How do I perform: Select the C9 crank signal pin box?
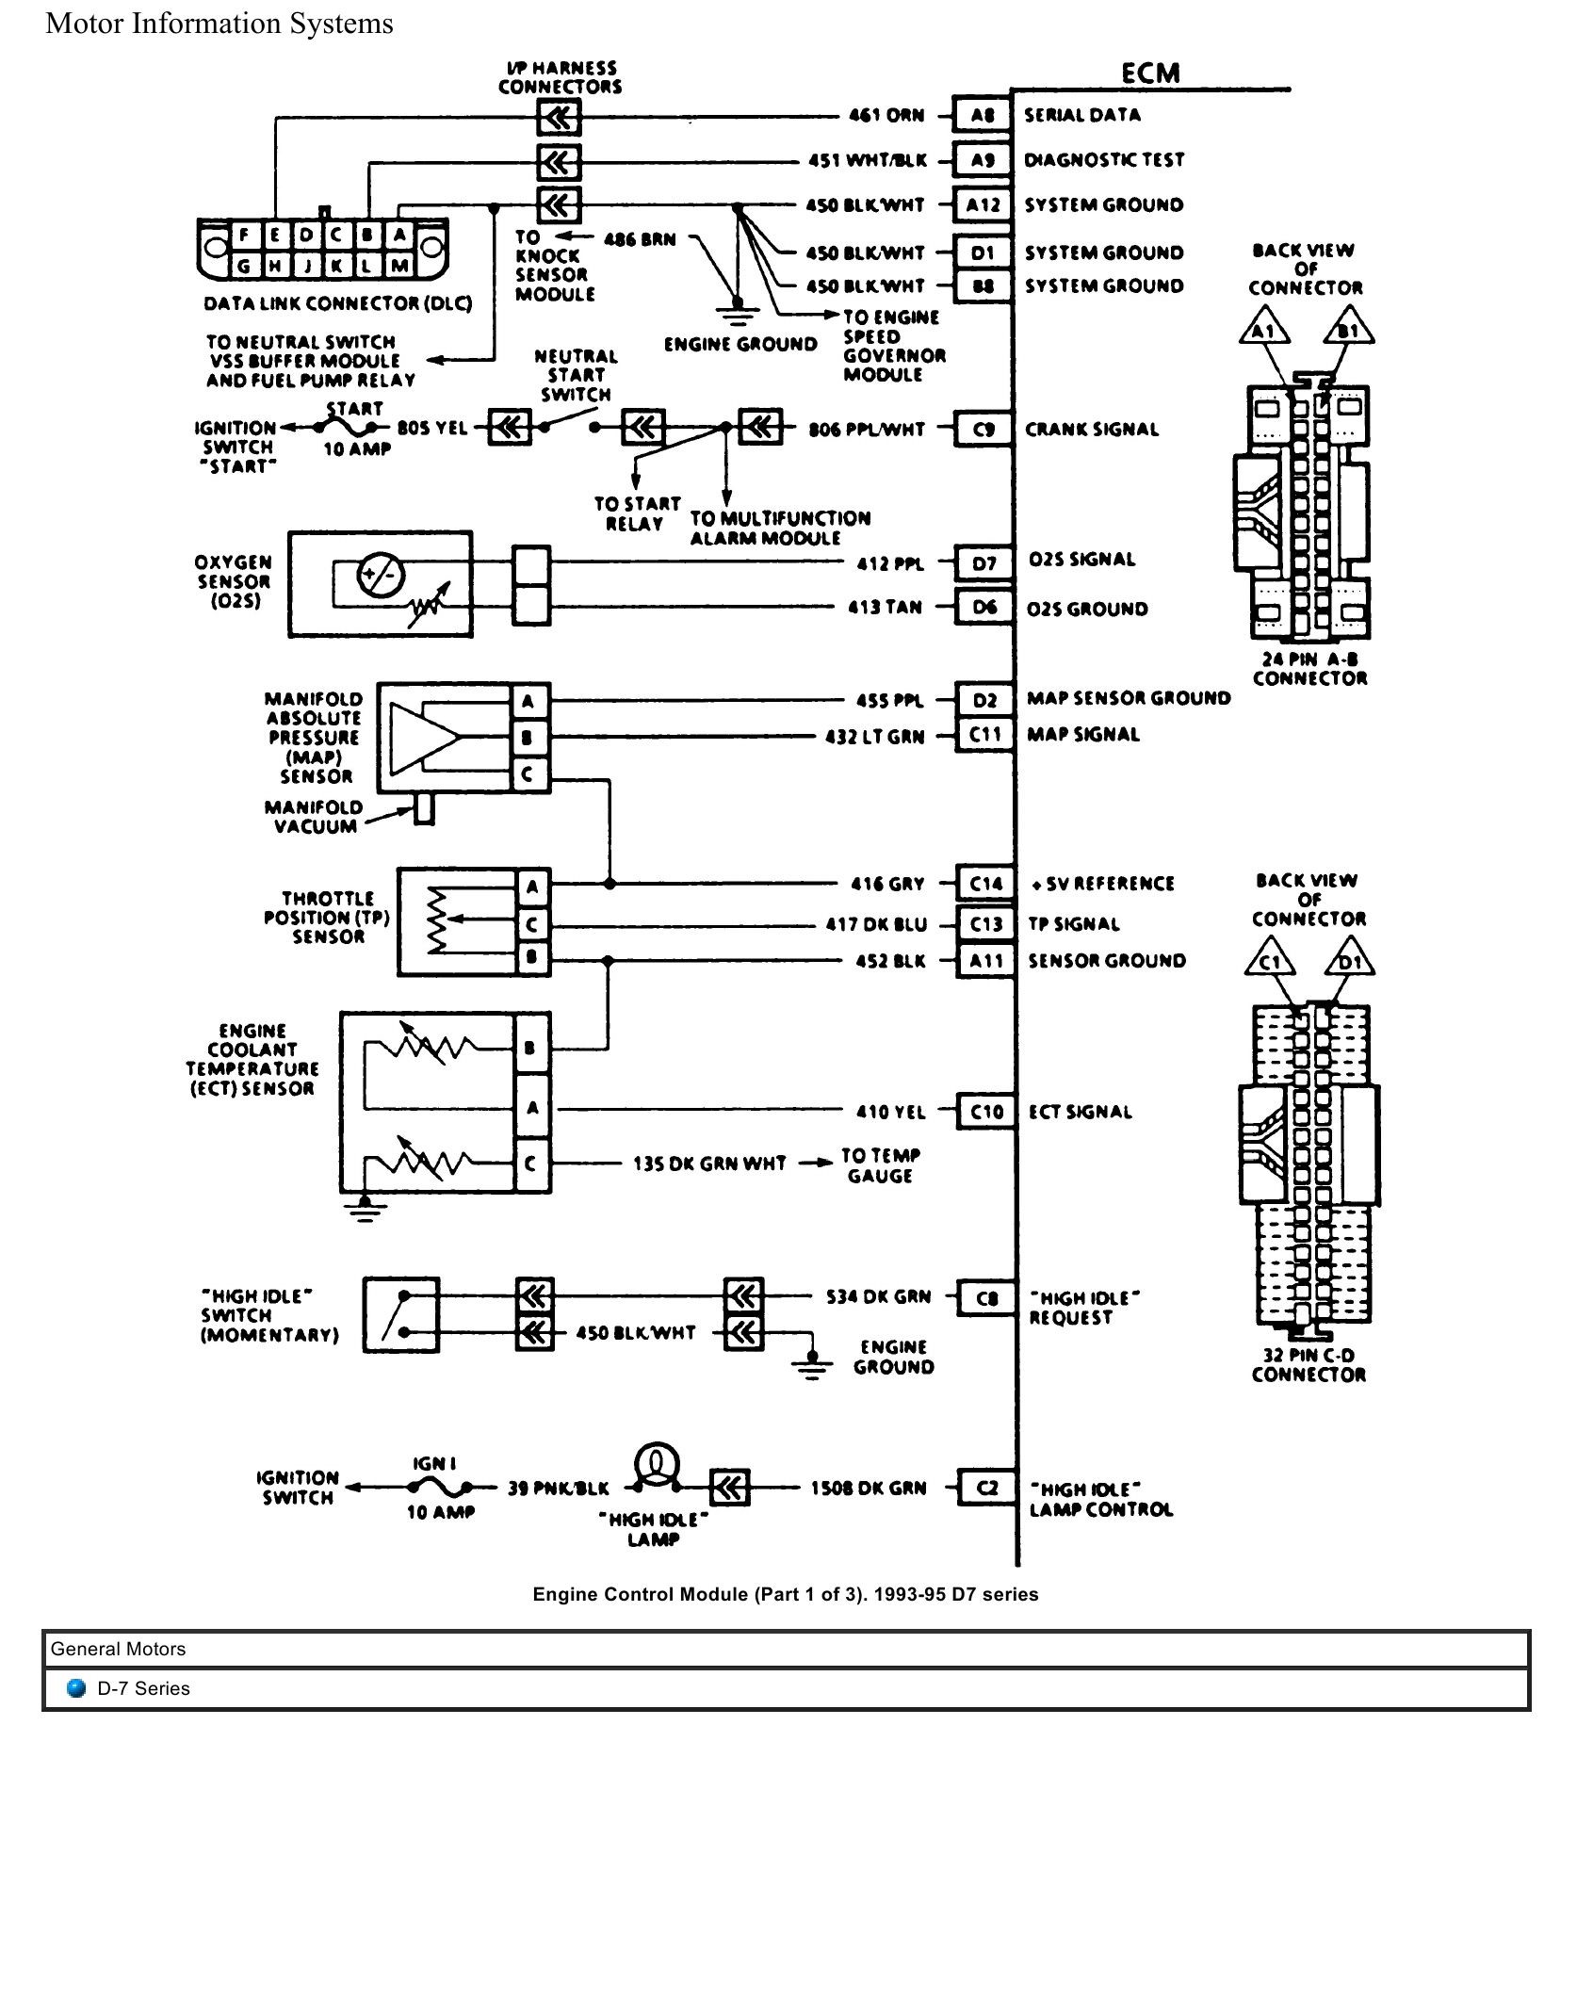tap(983, 430)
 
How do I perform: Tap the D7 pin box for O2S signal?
tap(983, 563)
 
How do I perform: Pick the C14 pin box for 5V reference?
tap(985, 884)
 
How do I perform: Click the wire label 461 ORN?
tap(886, 116)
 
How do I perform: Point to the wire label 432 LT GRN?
tap(875, 737)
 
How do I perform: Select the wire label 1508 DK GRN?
tap(869, 1489)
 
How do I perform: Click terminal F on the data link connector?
tap(245, 236)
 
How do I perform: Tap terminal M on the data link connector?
tap(399, 266)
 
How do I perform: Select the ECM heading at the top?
tap(1150, 73)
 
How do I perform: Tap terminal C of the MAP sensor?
tap(528, 774)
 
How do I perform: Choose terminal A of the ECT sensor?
tap(532, 1108)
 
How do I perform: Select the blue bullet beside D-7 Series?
tap(77, 1687)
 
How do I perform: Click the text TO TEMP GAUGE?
tap(880, 1165)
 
